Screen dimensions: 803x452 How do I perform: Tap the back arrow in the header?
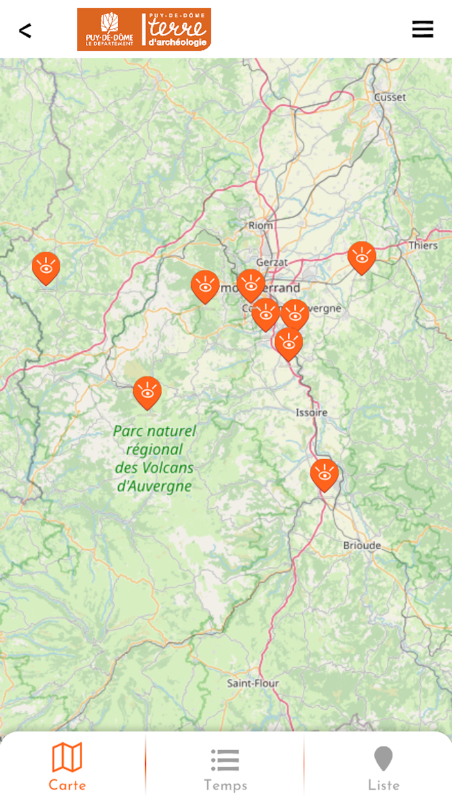click(x=25, y=30)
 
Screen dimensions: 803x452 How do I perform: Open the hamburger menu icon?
click(x=422, y=30)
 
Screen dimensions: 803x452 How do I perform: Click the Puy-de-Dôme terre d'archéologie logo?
click(x=144, y=30)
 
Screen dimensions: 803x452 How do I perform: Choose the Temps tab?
click(x=225, y=766)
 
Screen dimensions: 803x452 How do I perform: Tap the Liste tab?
click(x=384, y=766)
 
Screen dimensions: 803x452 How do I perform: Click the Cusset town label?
click(x=390, y=97)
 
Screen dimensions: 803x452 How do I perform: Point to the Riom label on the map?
click(x=261, y=226)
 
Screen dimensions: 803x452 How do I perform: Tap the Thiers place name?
click(x=423, y=246)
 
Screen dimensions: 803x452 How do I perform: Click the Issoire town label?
click(x=312, y=412)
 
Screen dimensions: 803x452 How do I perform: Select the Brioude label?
click(x=362, y=546)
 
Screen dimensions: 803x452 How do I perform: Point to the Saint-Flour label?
click(x=253, y=683)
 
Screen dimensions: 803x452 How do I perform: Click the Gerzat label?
click(x=272, y=263)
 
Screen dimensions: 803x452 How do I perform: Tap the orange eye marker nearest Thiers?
click(x=362, y=257)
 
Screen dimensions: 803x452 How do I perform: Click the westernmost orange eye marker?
click(x=46, y=267)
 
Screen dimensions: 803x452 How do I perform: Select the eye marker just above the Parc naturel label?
click(x=147, y=392)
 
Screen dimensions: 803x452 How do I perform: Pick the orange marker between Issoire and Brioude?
click(x=324, y=474)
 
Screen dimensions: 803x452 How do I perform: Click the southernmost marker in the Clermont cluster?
click(x=289, y=343)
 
